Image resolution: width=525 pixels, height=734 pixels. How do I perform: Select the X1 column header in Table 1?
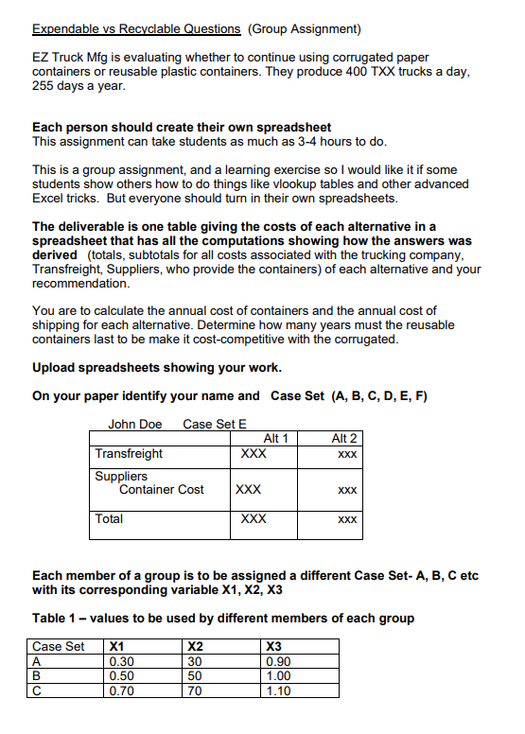118,647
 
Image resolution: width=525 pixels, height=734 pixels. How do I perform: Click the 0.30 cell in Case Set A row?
122,662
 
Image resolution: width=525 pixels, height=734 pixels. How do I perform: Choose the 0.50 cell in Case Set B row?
122,676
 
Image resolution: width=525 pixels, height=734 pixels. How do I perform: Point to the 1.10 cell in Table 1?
280,690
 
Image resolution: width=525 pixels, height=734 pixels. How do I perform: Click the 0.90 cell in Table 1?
280,662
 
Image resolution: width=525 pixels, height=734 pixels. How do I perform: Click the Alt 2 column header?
345,438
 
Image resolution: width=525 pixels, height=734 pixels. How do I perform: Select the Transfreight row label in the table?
129,454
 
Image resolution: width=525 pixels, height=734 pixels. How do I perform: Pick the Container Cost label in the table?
161,489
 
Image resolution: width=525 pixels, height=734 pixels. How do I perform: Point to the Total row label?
109,518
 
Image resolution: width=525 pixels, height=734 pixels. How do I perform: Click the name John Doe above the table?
135,423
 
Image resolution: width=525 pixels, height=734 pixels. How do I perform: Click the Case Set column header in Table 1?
59,647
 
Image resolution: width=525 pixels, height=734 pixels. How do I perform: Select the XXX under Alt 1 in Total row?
254,518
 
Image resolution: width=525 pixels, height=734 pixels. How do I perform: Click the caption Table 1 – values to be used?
222,619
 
